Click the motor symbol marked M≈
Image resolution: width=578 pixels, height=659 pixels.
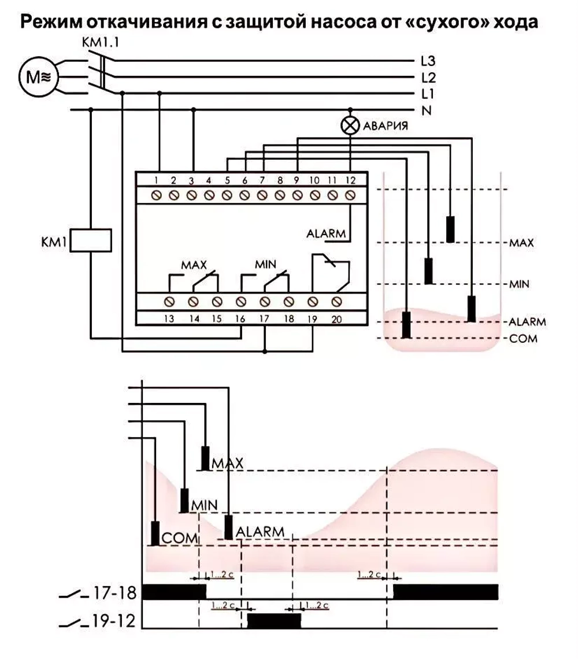click(x=38, y=77)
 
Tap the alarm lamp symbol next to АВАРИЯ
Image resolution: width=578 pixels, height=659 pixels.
click(x=350, y=125)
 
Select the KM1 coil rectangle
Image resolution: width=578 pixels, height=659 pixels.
click(x=91, y=240)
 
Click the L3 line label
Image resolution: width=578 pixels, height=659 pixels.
click(x=428, y=61)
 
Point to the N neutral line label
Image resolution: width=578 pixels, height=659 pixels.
click(x=426, y=110)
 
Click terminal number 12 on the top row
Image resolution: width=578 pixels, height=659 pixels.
click(x=350, y=180)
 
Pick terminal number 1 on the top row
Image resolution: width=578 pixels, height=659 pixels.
click(x=156, y=180)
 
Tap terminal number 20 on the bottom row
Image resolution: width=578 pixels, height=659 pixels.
click(x=336, y=320)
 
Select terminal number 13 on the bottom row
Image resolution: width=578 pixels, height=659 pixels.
click(x=169, y=319)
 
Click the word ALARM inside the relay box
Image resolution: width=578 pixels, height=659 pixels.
click(x=326, y=234)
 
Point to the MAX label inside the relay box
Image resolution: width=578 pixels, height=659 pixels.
click(x=194, y=265)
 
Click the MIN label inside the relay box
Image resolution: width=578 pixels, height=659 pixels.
click(x=266, y=264)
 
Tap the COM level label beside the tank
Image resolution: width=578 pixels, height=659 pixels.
click(x=523, y=338)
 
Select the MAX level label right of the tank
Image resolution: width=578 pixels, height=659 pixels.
click(x=522, y=243)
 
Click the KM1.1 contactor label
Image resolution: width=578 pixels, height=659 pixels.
click(x=101, y=42)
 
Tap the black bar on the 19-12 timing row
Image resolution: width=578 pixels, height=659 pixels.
click(x=274, y=621)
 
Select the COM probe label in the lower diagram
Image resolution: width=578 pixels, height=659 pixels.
click(x=180, y=538)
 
